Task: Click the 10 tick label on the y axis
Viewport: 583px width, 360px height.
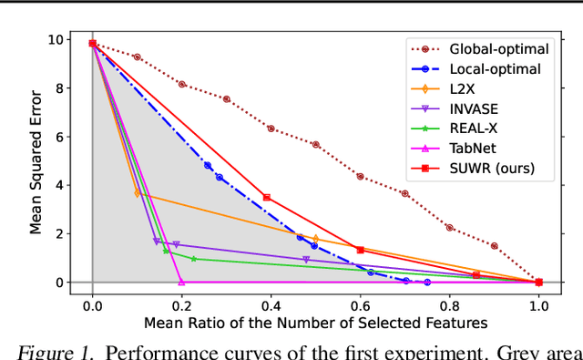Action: pos(56,40)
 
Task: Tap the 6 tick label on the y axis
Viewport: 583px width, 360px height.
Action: pos(59,137)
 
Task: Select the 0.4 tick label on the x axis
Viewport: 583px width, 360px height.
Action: pos(271,305)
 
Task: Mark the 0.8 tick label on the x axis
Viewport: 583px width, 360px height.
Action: pos(450,305)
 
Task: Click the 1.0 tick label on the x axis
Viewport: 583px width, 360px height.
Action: pos(538,305)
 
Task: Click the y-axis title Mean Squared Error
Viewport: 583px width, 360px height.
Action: pos(36,161)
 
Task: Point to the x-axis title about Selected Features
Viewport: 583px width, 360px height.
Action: pos(315,323)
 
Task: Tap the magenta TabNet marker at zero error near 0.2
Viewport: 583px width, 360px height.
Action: pos(181,283)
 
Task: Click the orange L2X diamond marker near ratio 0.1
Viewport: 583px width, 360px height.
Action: pos(138,193)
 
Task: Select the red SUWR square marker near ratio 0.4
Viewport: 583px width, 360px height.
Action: pos(267,197)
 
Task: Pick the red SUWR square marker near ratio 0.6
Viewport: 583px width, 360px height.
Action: pos(360,250)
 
